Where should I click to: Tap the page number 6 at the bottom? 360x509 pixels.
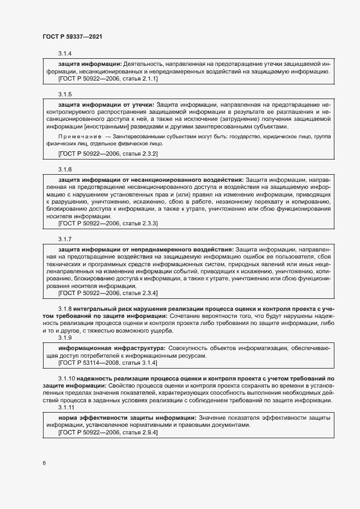pyautogui.click(x=44, y=463)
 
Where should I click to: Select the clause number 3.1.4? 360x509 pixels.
pyautogui.click(x=65, y=54)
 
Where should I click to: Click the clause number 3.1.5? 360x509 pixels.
pyautogui.click(x=65, y=94)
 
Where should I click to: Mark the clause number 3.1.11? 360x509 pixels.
pyautogui.click(x=66, y=408)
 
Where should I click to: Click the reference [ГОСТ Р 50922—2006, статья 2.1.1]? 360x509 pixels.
pyautogui.click(x=107, y=79)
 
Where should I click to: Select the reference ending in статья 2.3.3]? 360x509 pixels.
pyautogui.click(x=107, y=224)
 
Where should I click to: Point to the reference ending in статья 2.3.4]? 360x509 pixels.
pyautogui.click(x=107, y=293)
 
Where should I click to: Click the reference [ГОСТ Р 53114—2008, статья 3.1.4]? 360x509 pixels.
pyautogui.click(x=107, y=362)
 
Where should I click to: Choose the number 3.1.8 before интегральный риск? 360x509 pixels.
pyautogui.click(x=65, y=308)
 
